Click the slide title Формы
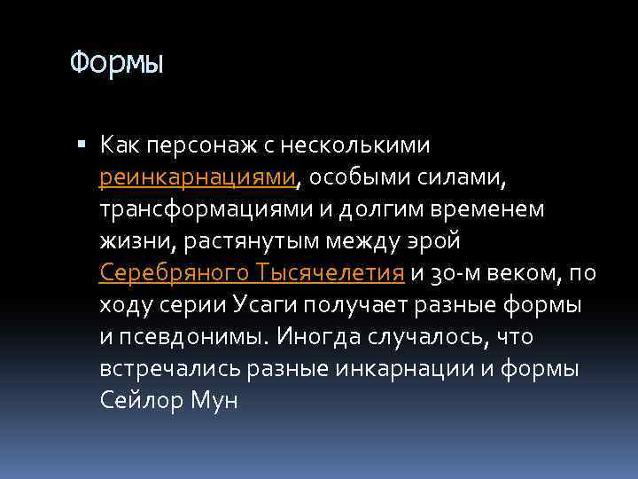tap(117, 64)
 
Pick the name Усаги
tap(265, 304)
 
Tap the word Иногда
tap(315, 337)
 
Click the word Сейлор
tap(139, 401)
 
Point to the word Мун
tap(214, 401)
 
